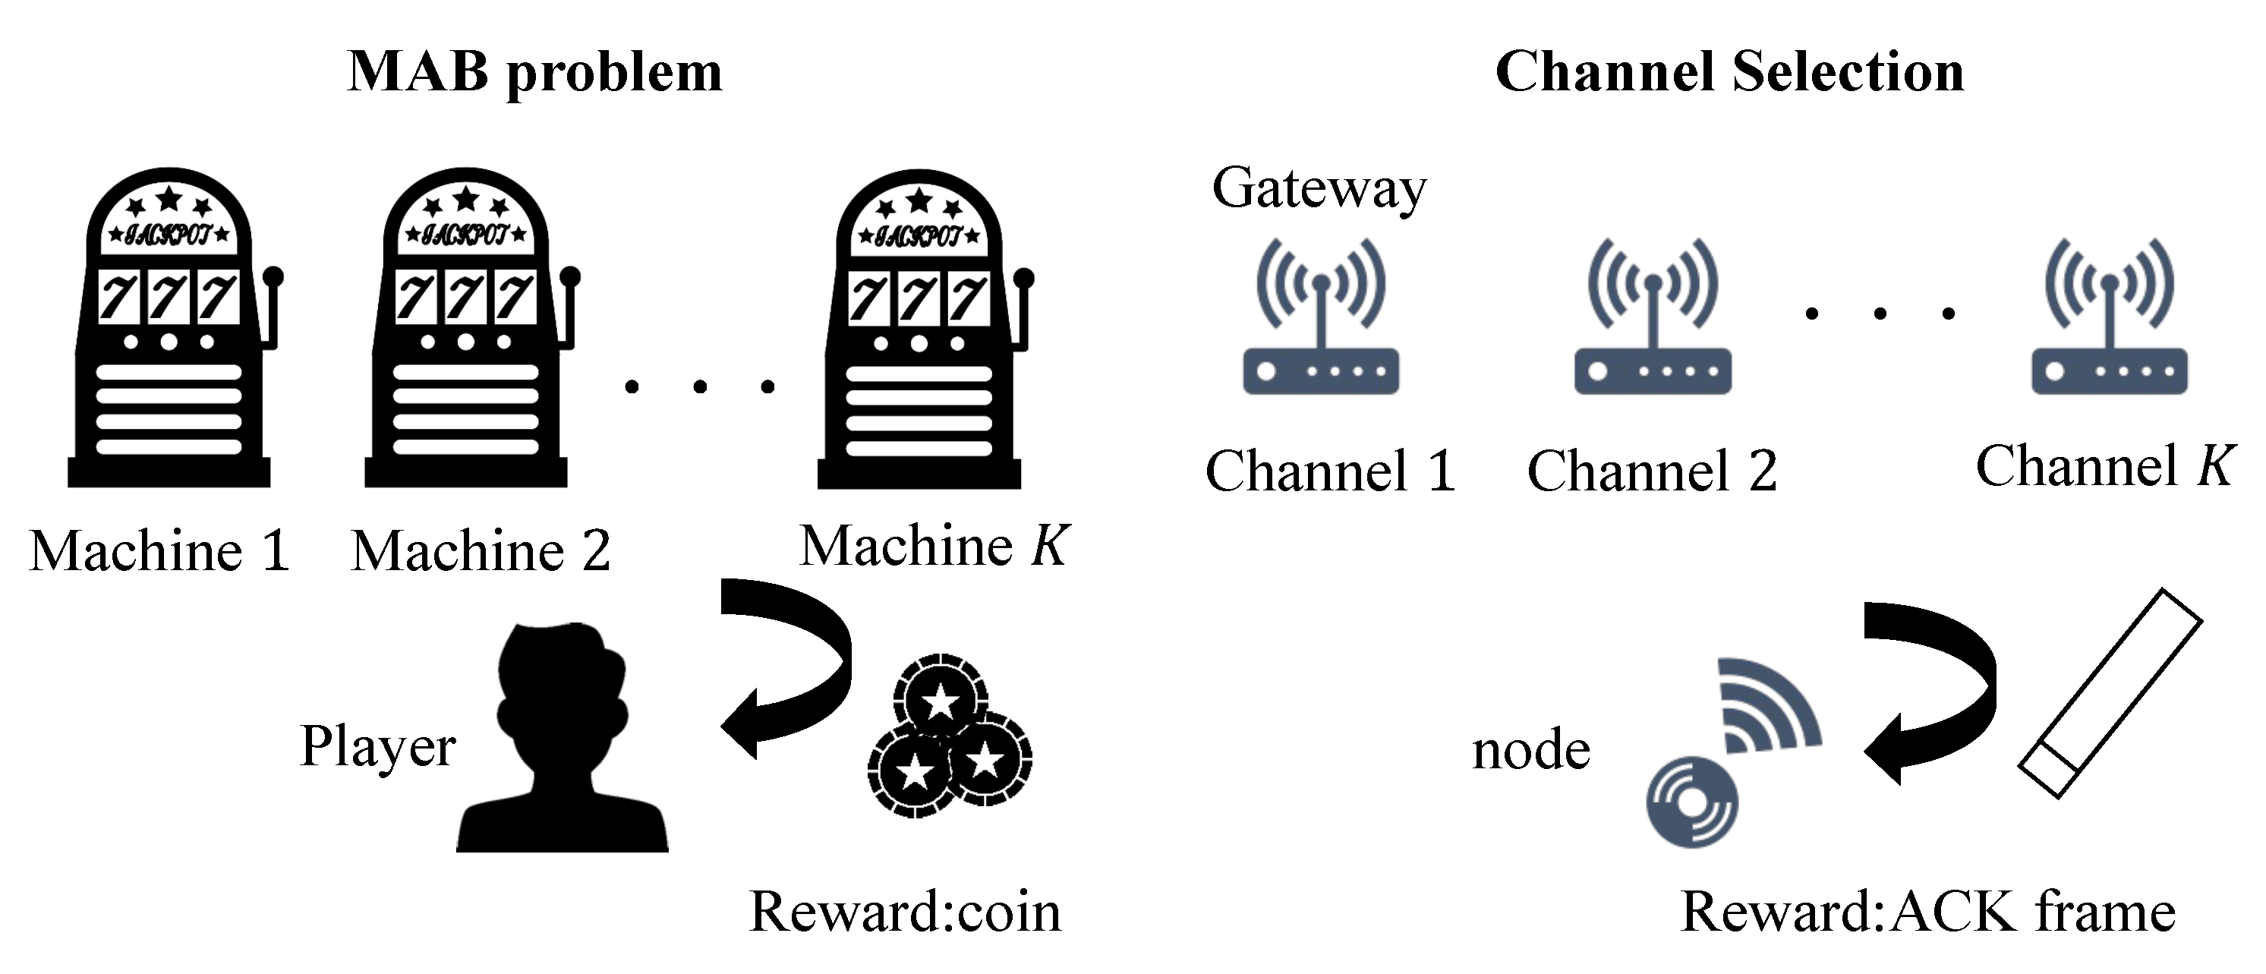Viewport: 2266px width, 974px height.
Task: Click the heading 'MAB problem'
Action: point(535,72)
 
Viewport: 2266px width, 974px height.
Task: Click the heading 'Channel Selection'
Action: point(1729,72)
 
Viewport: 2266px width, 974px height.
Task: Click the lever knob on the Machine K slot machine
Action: point(1023,278)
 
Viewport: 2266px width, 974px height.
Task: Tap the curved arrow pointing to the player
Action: point(792,660)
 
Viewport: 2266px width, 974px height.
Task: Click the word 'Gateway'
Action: point(1319,188)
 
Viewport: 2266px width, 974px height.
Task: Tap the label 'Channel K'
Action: point(2104,466)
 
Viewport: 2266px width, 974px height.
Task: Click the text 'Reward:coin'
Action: point(905,913)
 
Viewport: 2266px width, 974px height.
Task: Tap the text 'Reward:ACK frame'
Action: point(1927,913)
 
